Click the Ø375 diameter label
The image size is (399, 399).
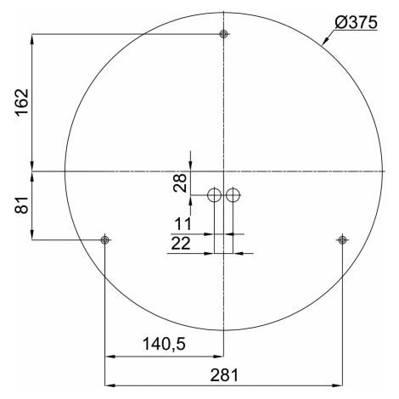356,22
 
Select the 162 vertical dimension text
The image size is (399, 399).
22,102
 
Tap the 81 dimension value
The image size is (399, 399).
22,205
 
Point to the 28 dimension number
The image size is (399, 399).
180,183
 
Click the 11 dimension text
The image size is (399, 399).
183,224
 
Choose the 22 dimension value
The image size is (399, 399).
181,243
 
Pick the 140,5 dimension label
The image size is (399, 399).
164,344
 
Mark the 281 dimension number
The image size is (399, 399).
224,375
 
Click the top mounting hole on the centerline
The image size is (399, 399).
224,34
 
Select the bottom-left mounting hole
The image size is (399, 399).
104,240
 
